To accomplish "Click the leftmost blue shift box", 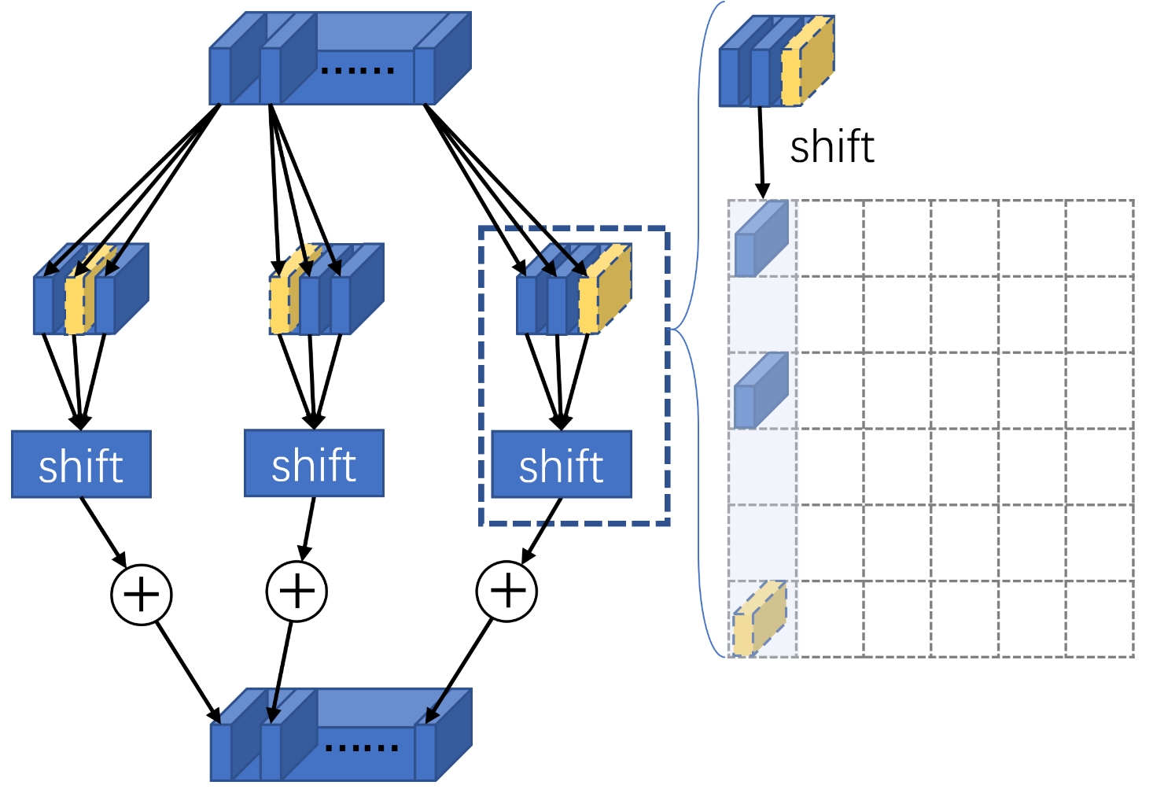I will click(x=81, y=464).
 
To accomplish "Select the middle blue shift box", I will click(x=314, y=463).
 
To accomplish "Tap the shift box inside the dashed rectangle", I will click(x=562, y=464).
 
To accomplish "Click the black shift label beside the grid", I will click(x=831, y=147).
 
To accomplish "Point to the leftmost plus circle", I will click(x=142, y=594).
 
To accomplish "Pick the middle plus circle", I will click(x=297, y=591).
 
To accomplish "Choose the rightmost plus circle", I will click(x=507, y=591).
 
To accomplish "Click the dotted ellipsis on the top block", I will click(x=358, y=71).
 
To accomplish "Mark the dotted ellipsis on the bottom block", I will click(x=362, y=747).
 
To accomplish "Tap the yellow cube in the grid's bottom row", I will click(x=759, y=620).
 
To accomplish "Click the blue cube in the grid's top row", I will click(x=761, y=238).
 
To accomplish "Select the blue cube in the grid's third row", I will click(x=761, y=391).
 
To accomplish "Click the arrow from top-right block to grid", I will click(x=761, y=153).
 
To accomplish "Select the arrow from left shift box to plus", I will click(x=103, y=531).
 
